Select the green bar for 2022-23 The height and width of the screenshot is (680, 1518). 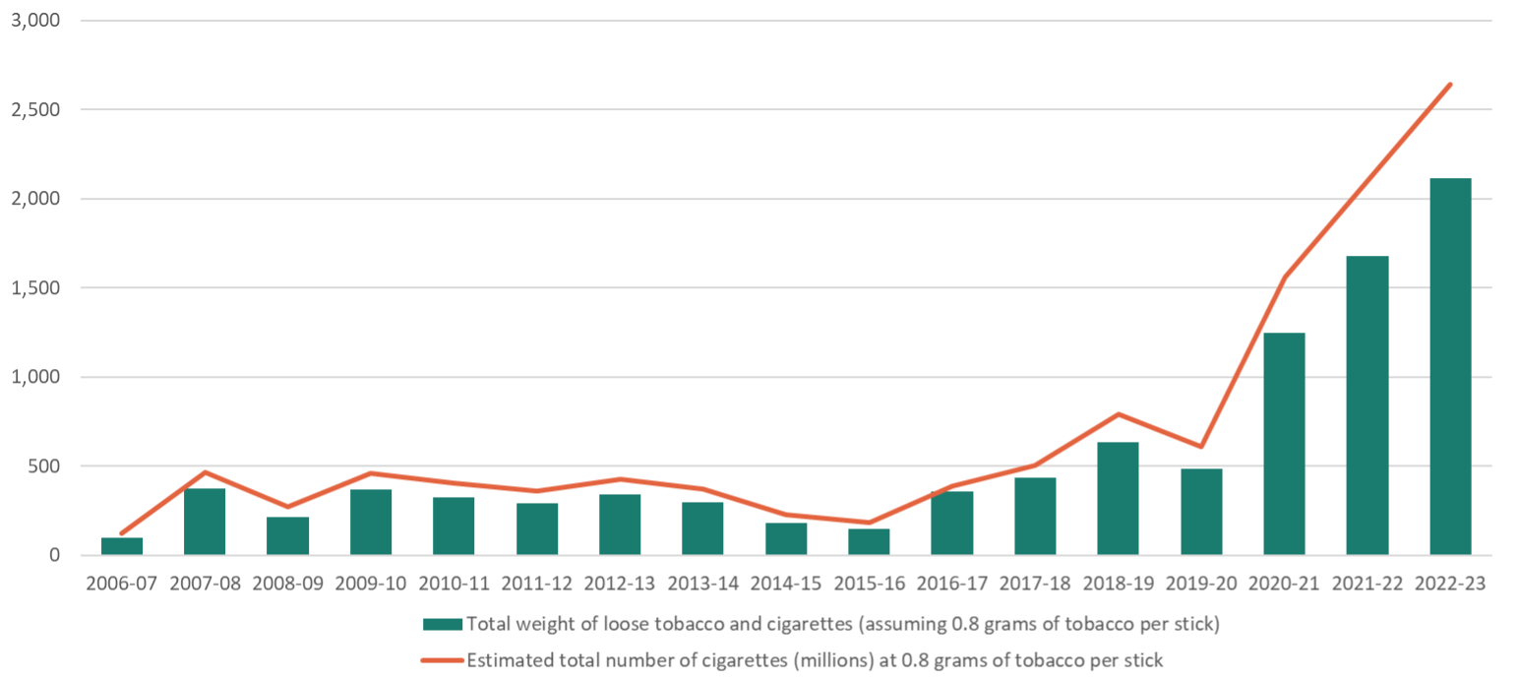[x=1450, y=366]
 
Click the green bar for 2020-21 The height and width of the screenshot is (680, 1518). [x=1284, y=444]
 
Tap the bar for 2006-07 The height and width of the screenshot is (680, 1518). [x=121, y=546]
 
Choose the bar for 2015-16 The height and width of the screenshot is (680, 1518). [x=869, y=542]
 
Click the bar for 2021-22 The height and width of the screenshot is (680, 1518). [x=1367, y=405]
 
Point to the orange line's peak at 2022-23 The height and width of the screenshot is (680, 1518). [x=1450, y=85]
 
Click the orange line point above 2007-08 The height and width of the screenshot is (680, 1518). [x=205, y=472]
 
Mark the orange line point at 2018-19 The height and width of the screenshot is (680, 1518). [x=1118, y=414]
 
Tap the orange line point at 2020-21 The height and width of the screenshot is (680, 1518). [x=1284, y=278]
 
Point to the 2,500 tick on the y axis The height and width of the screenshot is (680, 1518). [x=33, y=110]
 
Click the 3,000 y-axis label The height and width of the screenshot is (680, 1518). [x=33, y=21]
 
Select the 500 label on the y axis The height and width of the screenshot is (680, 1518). [x=45, y=466]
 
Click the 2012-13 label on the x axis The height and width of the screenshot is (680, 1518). [x=619, y=584]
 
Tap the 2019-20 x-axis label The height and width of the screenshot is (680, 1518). [x=1200, y=584]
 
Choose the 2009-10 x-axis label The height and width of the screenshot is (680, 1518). [x=370, y=584]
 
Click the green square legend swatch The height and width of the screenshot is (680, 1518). [x=442, y=624]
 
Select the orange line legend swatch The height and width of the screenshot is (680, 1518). [x=442, y=660]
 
